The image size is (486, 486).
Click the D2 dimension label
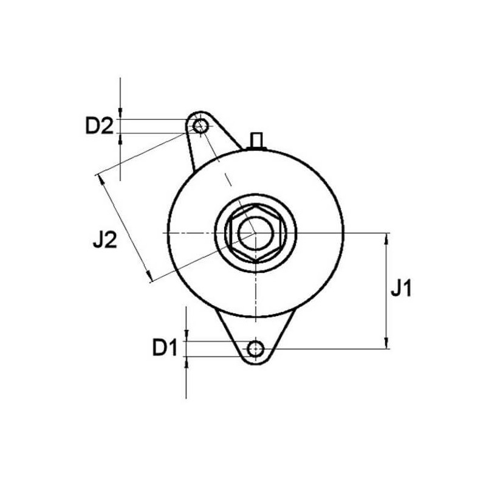point(99,126)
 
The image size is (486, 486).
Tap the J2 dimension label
point(104,241)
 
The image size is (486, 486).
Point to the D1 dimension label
point(165,348)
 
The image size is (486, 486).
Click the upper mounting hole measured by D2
point(200,126)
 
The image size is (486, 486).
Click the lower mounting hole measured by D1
point(256,349)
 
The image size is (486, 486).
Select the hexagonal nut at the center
point(255,233)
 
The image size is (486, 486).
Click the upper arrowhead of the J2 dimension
point(100,179)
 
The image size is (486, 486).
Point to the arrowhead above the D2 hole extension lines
point(122,113)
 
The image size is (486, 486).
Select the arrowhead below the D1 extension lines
point(187,363)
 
